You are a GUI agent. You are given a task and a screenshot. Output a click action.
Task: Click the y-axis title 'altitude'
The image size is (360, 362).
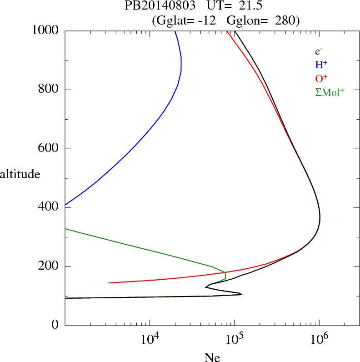[20, 174]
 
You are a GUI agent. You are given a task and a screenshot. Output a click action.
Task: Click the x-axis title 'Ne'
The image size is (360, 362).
[212, 357]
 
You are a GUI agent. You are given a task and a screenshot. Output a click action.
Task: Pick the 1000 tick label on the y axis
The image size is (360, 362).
[46, 30]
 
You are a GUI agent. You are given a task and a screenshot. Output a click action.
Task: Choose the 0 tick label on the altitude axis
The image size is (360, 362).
[55, 326]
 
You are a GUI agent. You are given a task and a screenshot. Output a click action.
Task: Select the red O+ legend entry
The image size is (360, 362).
[321, 78]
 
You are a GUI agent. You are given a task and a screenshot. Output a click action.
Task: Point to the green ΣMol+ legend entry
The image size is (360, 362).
[330, 92]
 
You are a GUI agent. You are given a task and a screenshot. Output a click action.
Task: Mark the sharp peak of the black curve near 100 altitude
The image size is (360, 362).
[242, 294]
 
